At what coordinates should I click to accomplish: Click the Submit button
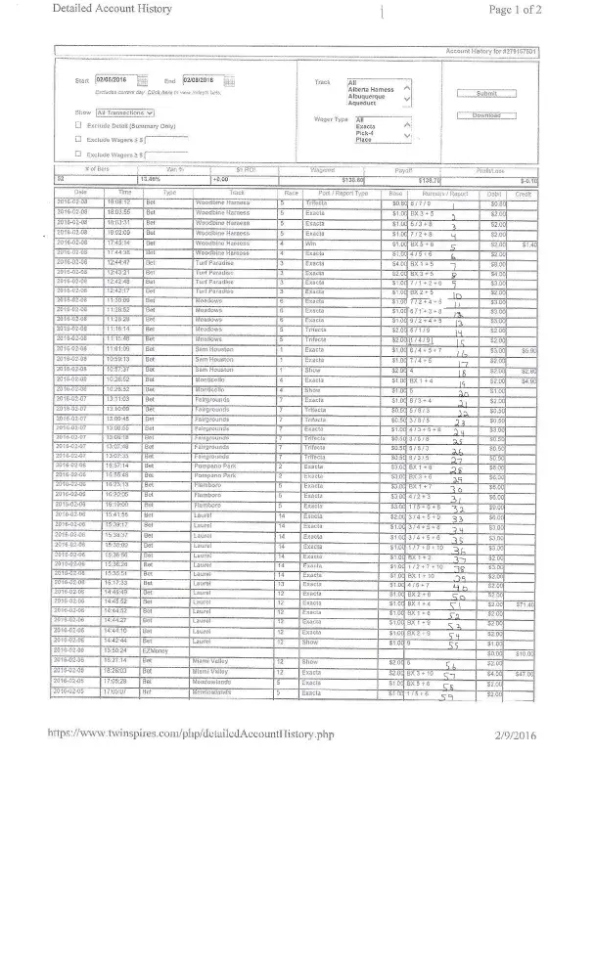coord(485,93)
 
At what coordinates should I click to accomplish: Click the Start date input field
coord(114,80)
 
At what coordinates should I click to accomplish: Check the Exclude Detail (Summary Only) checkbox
coord(78,126)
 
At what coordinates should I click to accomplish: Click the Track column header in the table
coord(236,194)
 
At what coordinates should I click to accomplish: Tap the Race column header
coord(290,194)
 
